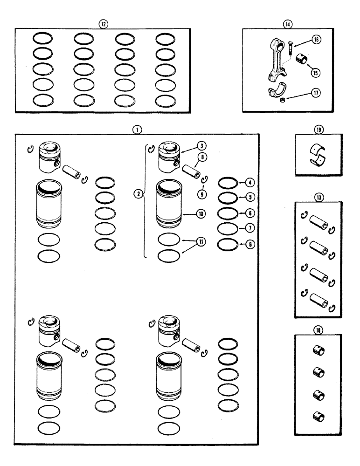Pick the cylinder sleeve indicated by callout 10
pyautogui.click(x=168, y=204)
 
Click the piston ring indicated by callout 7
pyautogui.click(x=228, y=228)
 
